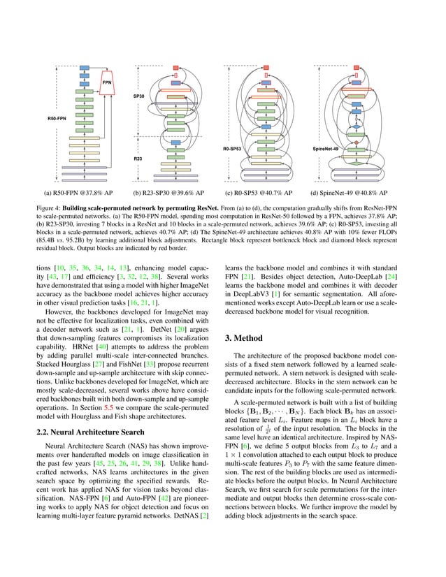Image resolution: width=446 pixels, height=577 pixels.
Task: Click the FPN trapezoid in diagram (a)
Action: pyautogui.click(x=107, y=82)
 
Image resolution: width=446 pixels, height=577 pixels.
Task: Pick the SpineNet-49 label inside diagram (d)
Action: pyautogui.click(x=326, y=149)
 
